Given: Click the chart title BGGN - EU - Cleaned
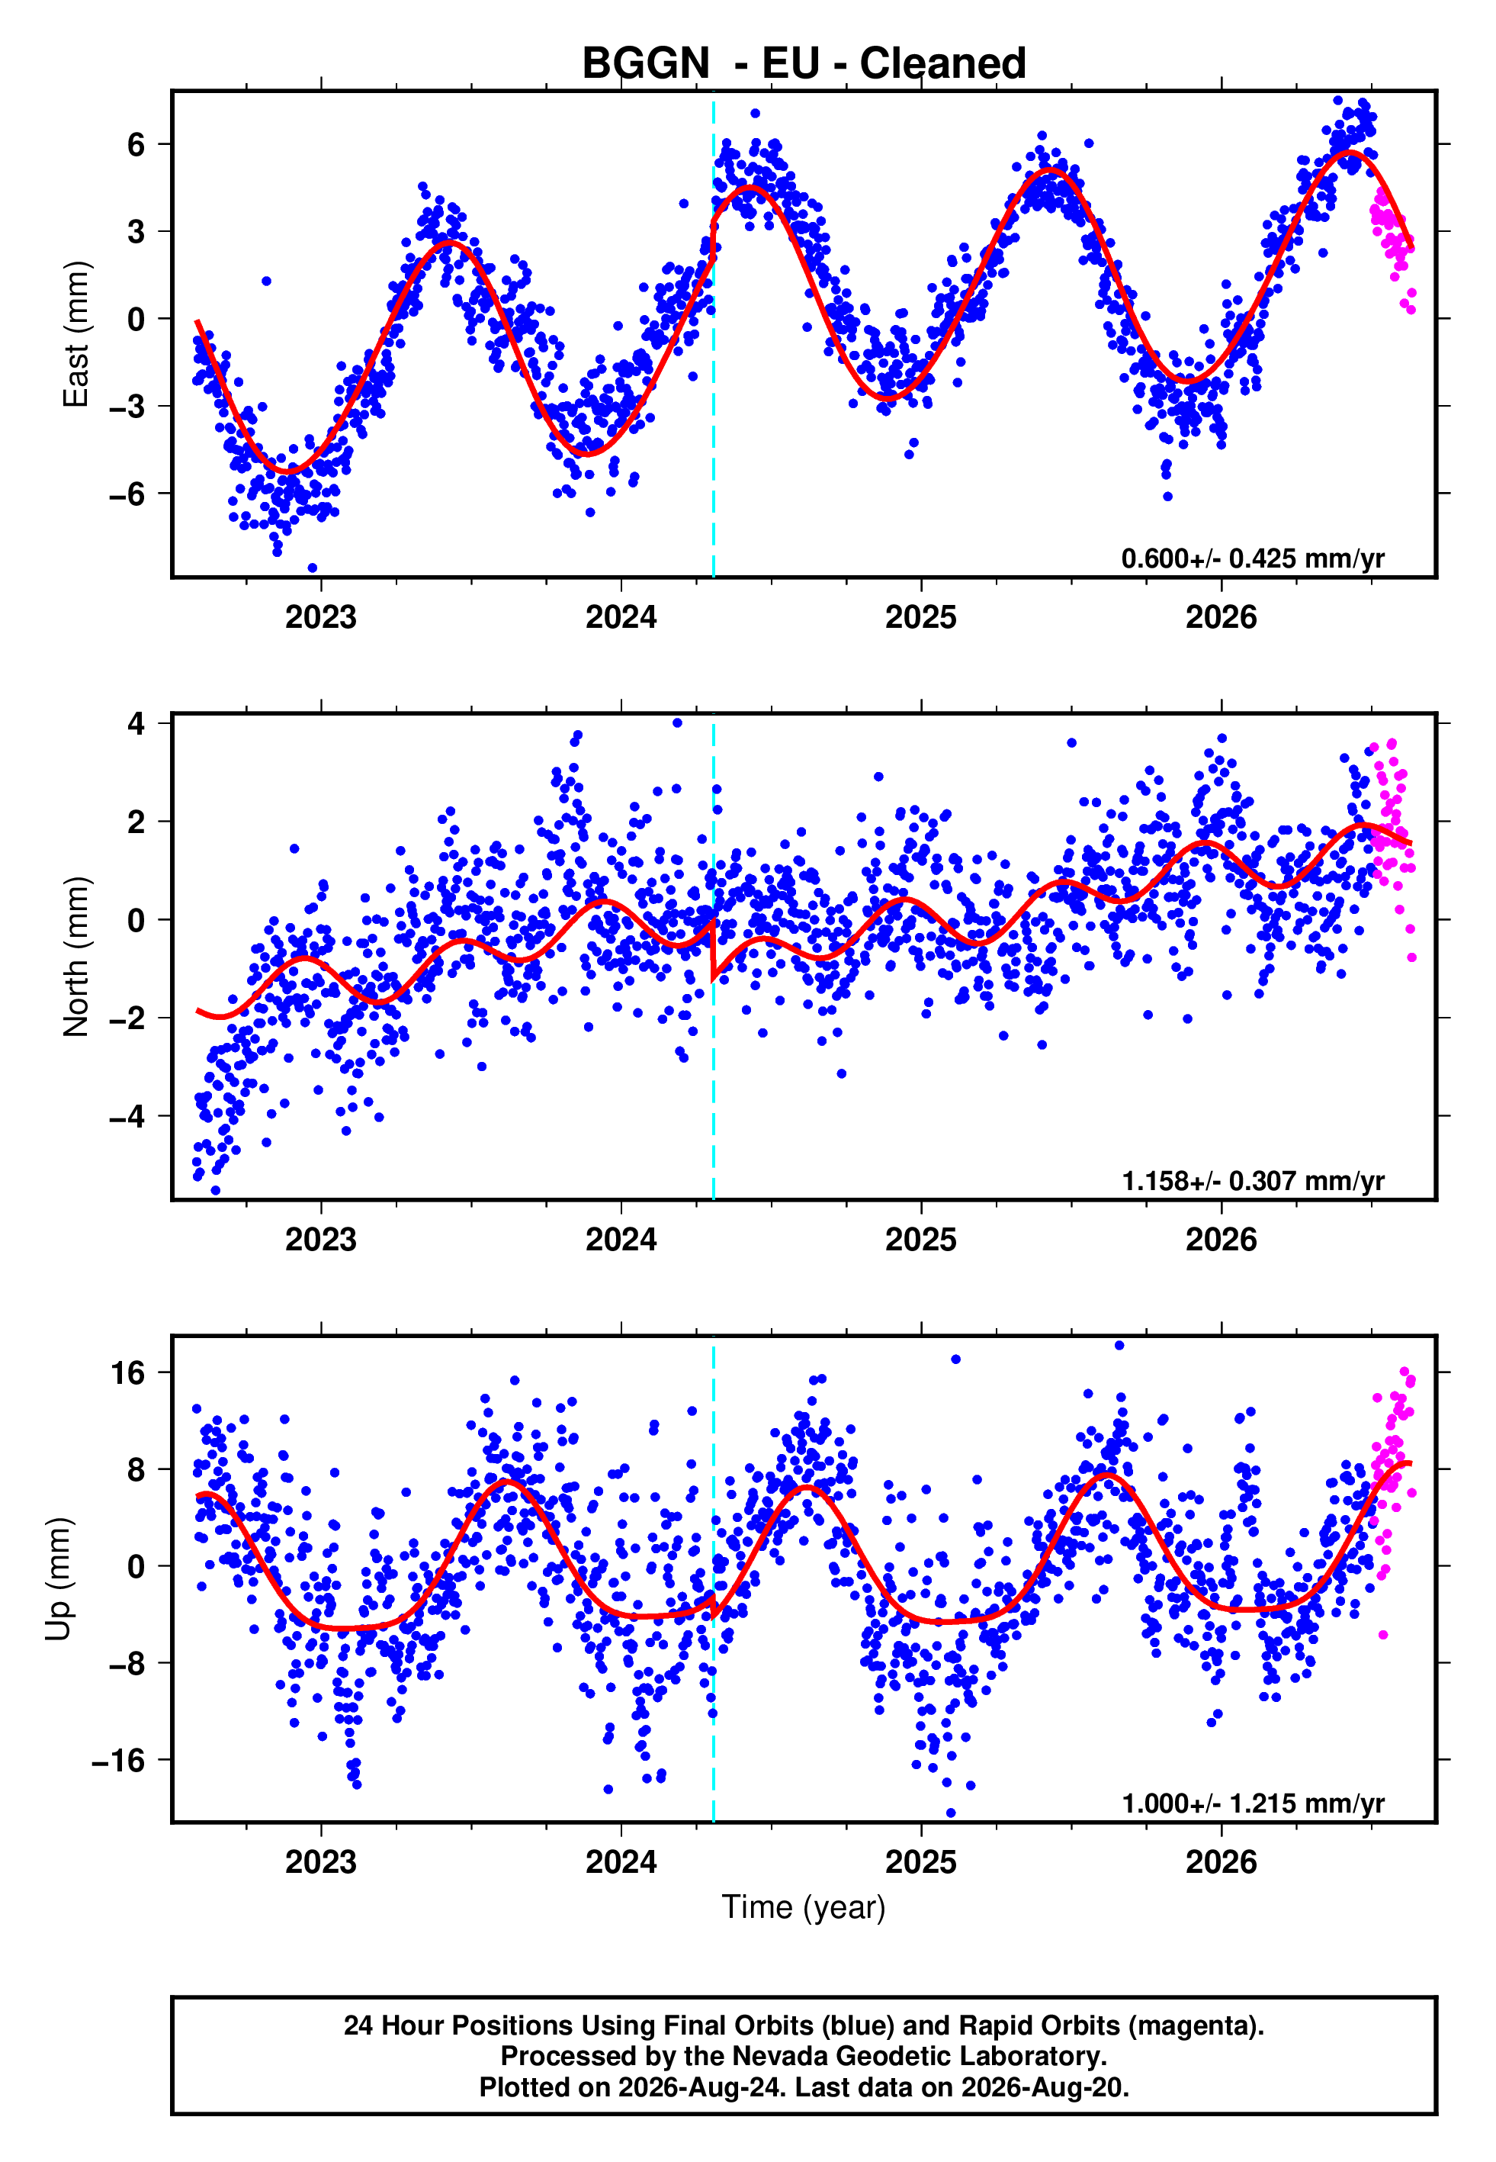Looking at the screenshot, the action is (x=804, y=64).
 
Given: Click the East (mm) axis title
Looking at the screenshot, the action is (x=76, y=334).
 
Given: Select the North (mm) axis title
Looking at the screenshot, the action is (x=76, y=957).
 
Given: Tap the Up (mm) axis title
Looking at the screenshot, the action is (x=58, y=1579).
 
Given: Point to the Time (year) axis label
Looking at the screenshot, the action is (x=804, y=1907).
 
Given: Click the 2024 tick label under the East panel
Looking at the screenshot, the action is (x=621, y=617).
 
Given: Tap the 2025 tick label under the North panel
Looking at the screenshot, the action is (x=920, y=1240).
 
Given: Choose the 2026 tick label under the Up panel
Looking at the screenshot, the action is (x=1221, y=1862).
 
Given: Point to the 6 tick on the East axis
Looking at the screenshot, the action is (x=136, y=144).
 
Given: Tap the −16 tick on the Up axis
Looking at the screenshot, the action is (x=118, y=1761).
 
